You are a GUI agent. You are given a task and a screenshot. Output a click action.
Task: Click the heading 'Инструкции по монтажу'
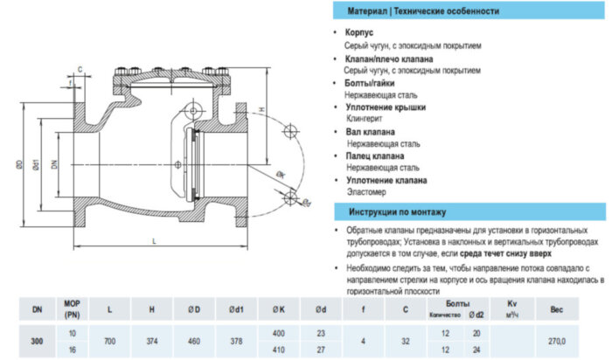(398, 211)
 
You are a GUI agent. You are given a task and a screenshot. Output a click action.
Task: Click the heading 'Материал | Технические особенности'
(423, 11)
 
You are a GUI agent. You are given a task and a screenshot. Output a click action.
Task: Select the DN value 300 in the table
(36, 340)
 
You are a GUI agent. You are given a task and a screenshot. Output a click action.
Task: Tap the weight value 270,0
(556, 340)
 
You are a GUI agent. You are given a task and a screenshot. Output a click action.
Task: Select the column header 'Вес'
(556, 308)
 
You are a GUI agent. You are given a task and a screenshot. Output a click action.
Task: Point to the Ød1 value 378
(235, 340)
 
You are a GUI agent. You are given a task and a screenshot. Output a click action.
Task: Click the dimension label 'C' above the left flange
(80, 67)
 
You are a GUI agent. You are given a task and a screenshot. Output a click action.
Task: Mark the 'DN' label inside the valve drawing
(53, 163)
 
